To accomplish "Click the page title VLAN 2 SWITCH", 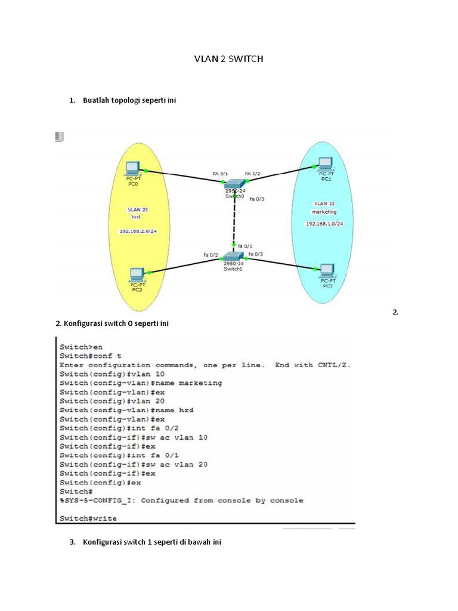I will [229, 59].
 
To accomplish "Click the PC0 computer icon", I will [132, 168].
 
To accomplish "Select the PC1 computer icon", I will [325, 163].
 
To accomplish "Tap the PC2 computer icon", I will [137, 275].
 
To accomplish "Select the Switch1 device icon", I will [233, 257].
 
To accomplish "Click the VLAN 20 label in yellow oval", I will [138, 209].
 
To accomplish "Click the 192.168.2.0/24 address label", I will [137, 231].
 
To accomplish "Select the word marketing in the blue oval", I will [324, 212].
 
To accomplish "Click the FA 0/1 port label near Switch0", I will [220, 174].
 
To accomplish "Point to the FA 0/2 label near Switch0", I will [253, 174].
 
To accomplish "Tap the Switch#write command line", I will [88, 519].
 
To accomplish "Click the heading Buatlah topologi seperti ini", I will [129, 100].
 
